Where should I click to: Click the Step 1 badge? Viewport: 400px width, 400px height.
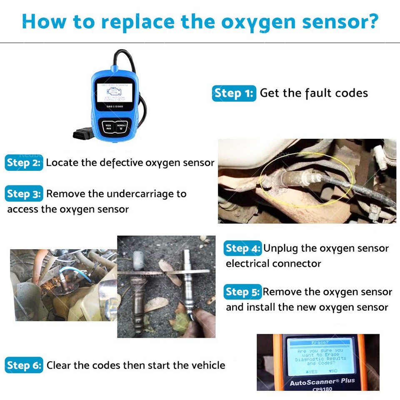coord(234,93)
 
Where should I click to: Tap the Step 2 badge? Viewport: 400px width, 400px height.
coord(24,162)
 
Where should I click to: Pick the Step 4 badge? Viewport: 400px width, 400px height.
coord(243,248)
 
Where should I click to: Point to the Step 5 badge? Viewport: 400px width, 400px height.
coord(243,292)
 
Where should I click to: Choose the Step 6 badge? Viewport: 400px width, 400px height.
coord(24,365)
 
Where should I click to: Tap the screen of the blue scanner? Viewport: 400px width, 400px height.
coord(112,90)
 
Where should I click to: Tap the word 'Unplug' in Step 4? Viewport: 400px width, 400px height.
coord(281,248)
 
